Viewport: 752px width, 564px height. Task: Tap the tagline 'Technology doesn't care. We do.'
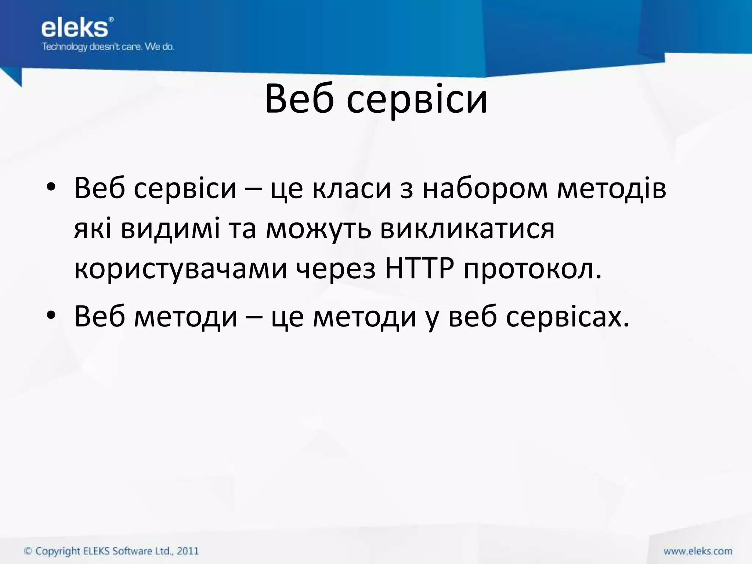108,47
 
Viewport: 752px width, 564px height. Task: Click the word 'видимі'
170,229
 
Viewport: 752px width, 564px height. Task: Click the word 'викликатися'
467,229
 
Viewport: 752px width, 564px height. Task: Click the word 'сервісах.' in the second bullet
568,317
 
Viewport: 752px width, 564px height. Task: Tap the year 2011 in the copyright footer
188,551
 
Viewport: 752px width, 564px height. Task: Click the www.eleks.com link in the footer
698,551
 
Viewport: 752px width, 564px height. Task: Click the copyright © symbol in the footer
28,551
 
